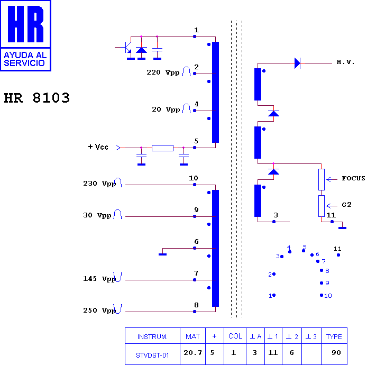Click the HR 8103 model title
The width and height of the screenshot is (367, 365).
[x=36, y=98]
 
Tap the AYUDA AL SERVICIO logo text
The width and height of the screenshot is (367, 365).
[x=25, y=59]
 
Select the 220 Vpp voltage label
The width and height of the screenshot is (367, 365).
[x=163, y=72]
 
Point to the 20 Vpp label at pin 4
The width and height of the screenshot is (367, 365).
[x=166, y=109]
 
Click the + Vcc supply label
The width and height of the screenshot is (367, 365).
[x=98, y=147]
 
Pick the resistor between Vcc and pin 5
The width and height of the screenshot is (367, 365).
[x=162, y=148]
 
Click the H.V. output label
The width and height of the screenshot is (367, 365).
[x=345, y=62]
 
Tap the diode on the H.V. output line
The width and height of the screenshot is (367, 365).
[x=297, y=63]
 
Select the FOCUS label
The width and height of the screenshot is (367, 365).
[x=353, y=178]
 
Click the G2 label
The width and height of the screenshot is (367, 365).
[x=346, y=205]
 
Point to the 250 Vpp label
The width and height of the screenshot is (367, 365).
[x=99, y=311]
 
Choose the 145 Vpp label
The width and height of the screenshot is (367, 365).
[x=99, y=279]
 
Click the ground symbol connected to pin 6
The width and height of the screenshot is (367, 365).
[x=162, y=254]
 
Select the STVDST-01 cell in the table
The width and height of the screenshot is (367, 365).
[x=152, y=355]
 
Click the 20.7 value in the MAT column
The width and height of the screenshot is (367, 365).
[x=192, y=353]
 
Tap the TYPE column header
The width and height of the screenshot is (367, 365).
[x=334, y=336]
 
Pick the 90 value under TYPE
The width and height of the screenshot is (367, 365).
[x=336, y=353]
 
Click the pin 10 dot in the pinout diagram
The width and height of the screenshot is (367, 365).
[x=322, y=295]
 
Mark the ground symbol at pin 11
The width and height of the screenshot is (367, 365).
[x=342, y=228]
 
